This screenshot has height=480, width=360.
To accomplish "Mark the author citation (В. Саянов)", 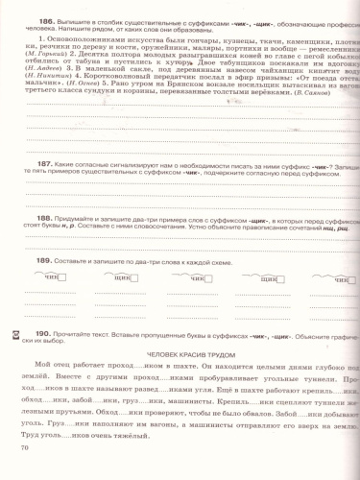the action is point(307,139).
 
